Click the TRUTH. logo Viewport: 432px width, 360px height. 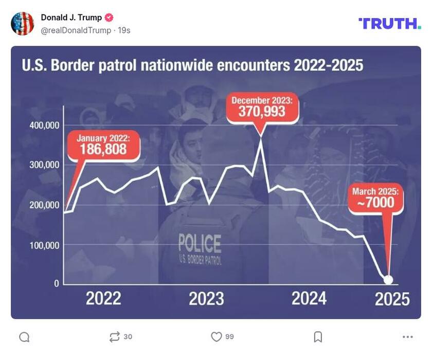[x=389, y=23]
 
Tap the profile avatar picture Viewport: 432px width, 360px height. [x=23, y=24]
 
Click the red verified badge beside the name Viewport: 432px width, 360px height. [x=109, y=17]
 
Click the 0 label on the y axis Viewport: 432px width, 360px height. [x=57, y=283]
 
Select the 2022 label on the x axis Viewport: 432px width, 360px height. [x=103, y=299]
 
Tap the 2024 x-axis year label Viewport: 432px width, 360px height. [x=309, y=299]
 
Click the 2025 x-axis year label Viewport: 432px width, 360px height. [x=392, y=299]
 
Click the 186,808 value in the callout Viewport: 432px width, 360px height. [x=103, y=150]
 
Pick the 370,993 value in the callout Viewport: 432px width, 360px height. [x=262, y=111]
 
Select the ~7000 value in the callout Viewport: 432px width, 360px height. [x=376, y=202]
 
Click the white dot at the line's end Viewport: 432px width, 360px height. [x=388, y=280]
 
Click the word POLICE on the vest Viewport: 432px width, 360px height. [x=200, y=243]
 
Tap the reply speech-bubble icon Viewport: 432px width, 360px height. [x=24, y=337]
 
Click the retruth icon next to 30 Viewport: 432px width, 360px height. [x=114, y=337]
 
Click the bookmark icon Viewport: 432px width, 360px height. [x=318, y=337]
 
